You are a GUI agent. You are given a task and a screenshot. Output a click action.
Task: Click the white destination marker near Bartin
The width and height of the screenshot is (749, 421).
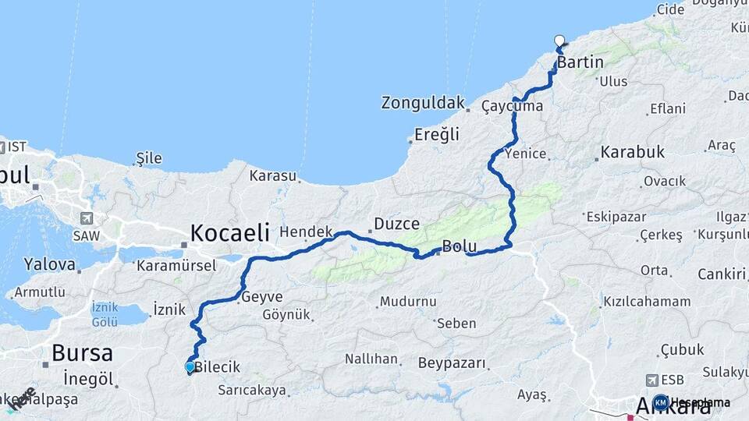(x=559, y=41)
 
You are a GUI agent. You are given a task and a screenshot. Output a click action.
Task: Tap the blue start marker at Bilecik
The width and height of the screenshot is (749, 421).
(x=190, y=366)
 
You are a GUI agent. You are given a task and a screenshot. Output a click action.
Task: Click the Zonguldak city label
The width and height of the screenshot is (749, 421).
(x=422, y=102)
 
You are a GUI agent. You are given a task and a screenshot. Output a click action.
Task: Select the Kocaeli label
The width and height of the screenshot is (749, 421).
(x=230, y=232)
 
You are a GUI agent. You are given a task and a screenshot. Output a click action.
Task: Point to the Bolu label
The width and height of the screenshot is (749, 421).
(x=459, y=246)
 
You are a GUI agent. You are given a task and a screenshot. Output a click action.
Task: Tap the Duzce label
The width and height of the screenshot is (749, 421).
(x=396, y=223)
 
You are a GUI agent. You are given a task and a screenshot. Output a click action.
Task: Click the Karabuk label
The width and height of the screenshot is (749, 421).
(x=632, y=152)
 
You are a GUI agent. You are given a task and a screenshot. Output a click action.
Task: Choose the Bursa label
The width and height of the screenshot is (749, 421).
(x=82, y=352)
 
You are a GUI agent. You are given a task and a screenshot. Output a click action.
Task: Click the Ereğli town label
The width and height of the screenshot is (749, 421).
(x=436, y=134)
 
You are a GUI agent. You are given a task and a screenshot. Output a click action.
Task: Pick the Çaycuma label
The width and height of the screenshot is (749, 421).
(x=512, y=105)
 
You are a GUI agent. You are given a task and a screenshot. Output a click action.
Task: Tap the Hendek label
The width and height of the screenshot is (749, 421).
(x=306, y=232)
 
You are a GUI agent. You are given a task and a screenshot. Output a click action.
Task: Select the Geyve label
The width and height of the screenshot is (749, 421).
(x=262, y=296)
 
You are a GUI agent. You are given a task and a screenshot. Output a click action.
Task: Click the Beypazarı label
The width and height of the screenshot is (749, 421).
(x=452, y=363)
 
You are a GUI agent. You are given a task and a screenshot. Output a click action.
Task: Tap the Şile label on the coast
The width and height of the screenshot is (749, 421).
(x=148, y=158)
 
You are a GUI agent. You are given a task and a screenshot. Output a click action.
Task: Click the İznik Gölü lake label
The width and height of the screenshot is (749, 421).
(x=105, y=313)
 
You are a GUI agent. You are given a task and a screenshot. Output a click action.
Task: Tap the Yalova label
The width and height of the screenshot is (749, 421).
(x=50, y=264)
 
